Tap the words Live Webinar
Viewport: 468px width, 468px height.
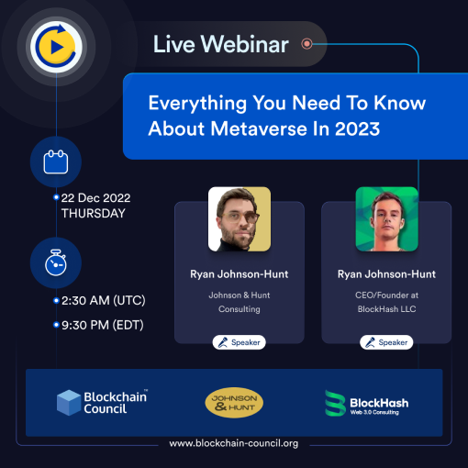click(x=220, y=43)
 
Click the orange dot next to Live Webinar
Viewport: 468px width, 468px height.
click(x=306, y=43)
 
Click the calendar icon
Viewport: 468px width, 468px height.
click(x=57, y=162)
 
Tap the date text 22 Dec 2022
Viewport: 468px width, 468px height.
click(x=95, y=197)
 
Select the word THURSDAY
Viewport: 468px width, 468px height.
click(x=93, y=213)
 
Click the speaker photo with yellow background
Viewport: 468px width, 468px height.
click(x=239, y=219)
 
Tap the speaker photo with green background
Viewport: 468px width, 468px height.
click(x=386, y=219)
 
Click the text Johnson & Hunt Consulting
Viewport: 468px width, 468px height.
click(x=239, y=302)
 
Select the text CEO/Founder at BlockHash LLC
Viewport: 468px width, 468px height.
click(x=386, y=302)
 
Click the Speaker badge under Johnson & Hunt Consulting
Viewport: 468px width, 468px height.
click(x=239, y=342)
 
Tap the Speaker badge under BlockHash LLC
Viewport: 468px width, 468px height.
click(x=386, y=342)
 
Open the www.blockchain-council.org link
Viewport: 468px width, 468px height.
click(x=234, y=443)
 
